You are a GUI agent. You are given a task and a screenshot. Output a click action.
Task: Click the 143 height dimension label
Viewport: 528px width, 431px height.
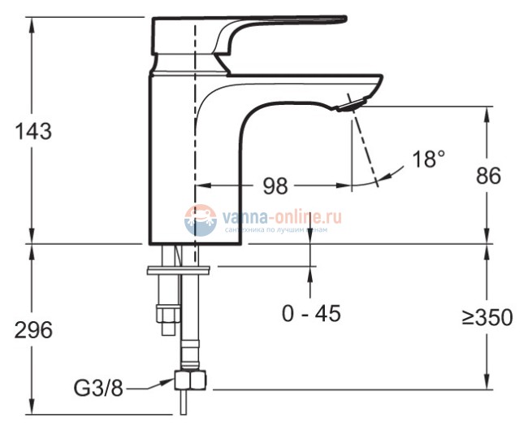(x=32, y=131)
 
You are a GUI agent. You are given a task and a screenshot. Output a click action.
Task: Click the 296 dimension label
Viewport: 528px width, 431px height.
(x=32, y=330)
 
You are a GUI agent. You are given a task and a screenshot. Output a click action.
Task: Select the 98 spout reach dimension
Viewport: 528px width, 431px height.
(x=274, y=186)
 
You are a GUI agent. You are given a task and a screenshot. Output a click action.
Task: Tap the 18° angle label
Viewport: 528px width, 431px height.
(x=429, y=159)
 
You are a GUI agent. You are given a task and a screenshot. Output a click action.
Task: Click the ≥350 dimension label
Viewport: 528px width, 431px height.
(x=487, y=317)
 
